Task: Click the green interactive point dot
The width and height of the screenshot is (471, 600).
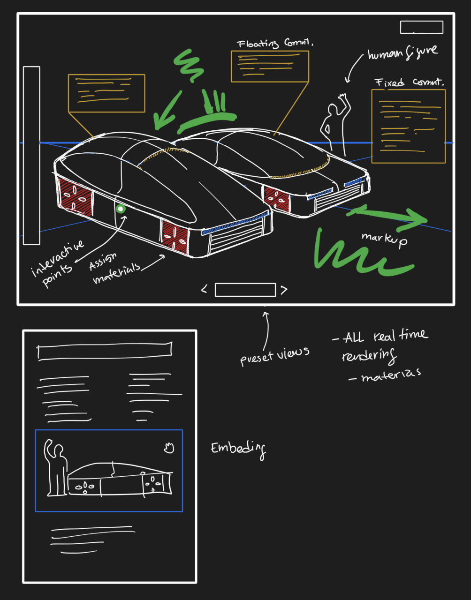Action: point(121,209)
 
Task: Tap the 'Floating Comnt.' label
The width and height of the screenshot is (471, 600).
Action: point(275,44)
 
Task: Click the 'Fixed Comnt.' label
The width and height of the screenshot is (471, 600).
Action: point(409,82)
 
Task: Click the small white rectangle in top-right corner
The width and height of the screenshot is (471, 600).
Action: point(421,27)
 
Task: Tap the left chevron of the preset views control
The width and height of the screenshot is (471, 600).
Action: point(204,290)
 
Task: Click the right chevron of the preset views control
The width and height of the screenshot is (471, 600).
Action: point(283,290)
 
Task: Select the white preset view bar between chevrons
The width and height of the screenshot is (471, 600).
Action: point(245,290)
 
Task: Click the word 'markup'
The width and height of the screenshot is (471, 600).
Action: point(384,239)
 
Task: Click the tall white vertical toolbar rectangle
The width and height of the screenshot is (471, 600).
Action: point(31,155)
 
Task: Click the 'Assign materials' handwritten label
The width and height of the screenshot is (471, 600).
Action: point(114,270)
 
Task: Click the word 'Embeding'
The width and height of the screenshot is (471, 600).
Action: point(238,449)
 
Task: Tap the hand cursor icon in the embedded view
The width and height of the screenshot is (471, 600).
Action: point(169,448)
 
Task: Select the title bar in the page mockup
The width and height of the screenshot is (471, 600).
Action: point(105,351)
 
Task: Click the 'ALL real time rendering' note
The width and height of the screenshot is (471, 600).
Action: point(380,345)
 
